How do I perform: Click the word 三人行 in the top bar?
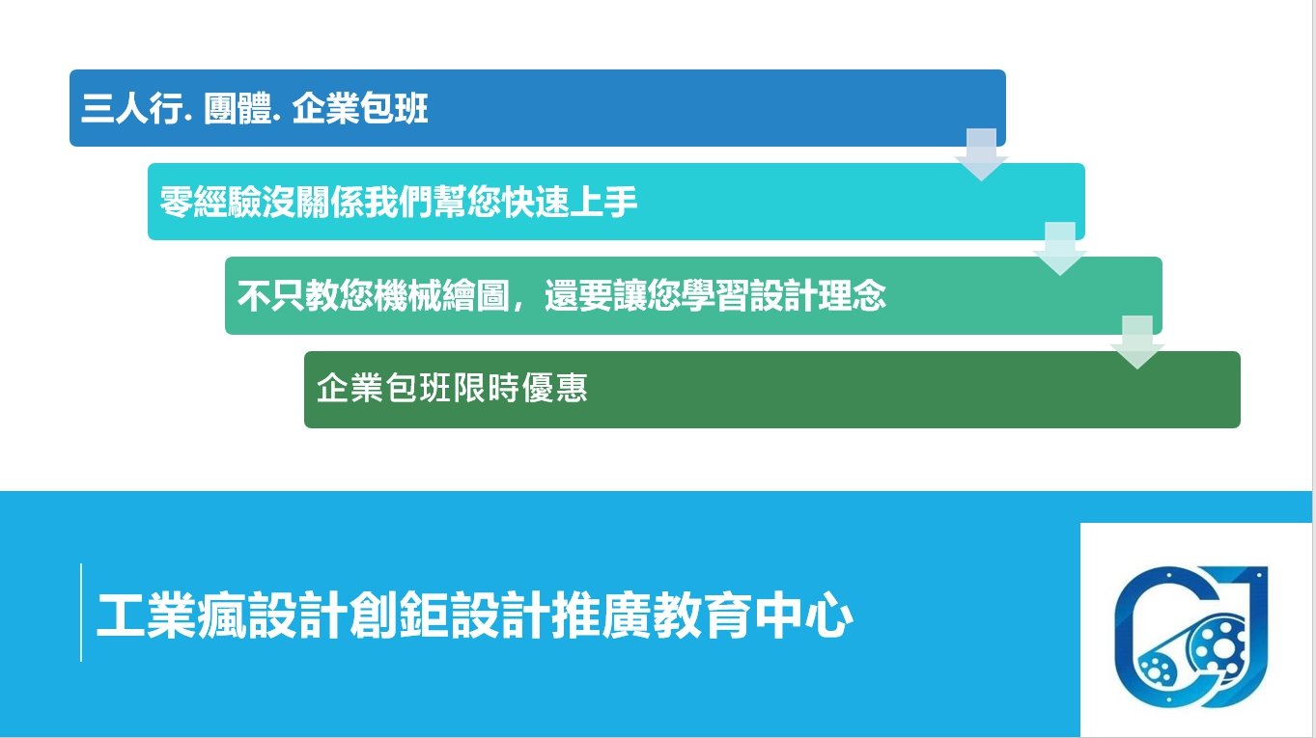(131, 109)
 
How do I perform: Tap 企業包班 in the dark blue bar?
(359, 109)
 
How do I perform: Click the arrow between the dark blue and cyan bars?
(981, 154)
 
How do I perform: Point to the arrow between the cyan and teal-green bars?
(1060, 248)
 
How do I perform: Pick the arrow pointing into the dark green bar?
(1137, 342)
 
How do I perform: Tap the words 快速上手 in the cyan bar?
(570, 202)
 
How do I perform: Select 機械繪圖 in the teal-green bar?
(441, 295)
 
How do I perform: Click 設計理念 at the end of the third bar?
(818, 295)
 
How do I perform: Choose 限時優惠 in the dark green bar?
(520, 388)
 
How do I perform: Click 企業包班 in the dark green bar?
(384, 388)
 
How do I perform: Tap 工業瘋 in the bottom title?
(172, 615)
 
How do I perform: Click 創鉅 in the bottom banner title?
(399, 615)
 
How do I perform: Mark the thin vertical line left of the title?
(80, 613)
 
